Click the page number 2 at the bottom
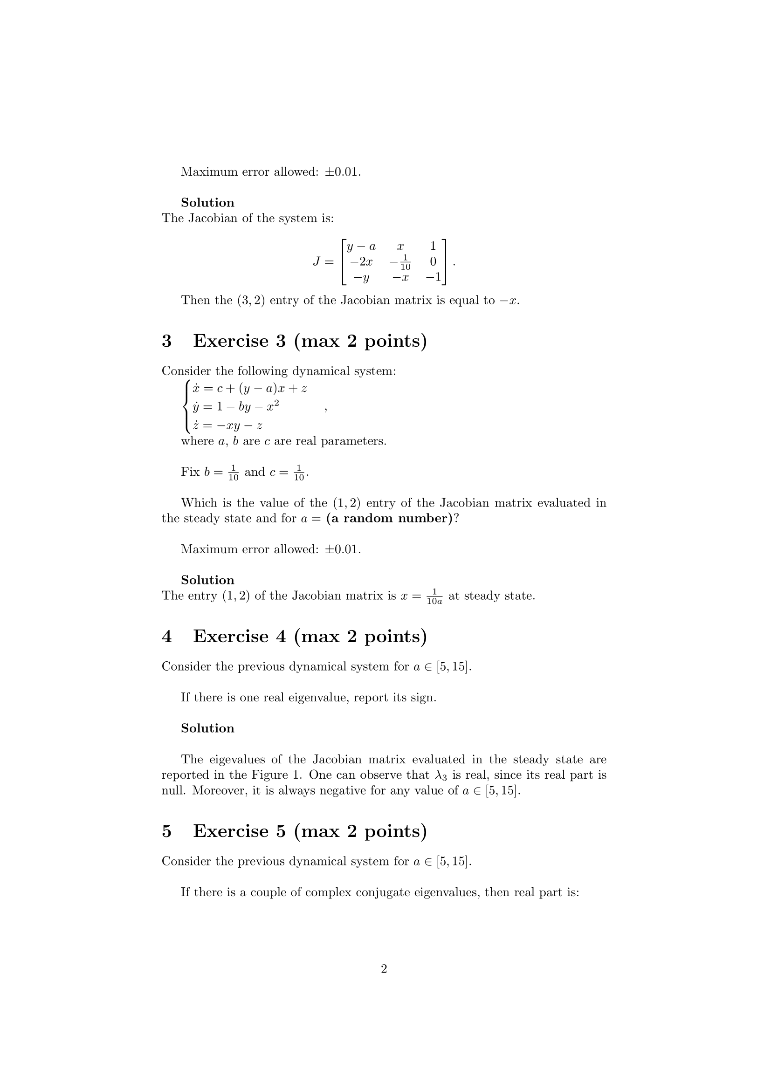pos(384,969)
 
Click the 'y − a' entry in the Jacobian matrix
pos(361,247)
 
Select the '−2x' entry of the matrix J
pos(361,261)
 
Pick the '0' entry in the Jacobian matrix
pos(433,261)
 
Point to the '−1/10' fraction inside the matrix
pos(401,262)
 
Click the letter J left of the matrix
pos(317,261)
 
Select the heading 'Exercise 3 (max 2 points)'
pos(310,341)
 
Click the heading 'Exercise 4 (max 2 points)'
pos(310,636)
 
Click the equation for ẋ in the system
pos(249,389)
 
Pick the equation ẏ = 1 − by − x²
pos(235,407)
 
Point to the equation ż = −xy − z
pos(227,425)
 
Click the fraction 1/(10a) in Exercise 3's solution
pos(434,596)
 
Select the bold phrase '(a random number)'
pos(389,518)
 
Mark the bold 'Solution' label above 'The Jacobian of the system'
pos(207,203)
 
